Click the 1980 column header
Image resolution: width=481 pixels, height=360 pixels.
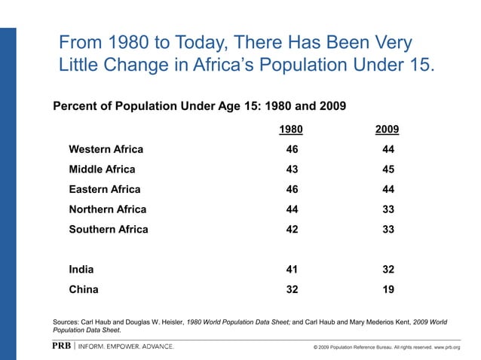tap(291, 130)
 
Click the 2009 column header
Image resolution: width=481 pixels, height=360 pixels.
tap(388, 130)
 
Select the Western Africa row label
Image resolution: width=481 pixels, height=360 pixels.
tap(106, 149)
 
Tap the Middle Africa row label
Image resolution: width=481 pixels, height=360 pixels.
tap(102, 169)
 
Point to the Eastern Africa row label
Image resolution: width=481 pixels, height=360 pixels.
tap(104, 189)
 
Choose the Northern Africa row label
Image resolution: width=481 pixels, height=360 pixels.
tap(107, 209)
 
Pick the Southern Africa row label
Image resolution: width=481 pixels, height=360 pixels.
tap(109, 229)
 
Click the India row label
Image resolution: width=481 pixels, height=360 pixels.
tap(81, 269)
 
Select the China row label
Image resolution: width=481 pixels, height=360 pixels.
tap(83, 288)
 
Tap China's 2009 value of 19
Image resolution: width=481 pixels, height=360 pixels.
tap(388, 288)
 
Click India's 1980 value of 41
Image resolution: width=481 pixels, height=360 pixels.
tap(291, 269)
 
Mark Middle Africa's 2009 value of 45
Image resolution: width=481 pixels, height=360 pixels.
tap(388, 169)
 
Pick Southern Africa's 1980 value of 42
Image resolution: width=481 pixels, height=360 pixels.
tap(291, 229)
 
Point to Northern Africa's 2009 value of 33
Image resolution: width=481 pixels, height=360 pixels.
tap(388, 209)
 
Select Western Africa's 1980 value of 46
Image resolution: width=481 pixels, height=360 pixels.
tap(291, 149)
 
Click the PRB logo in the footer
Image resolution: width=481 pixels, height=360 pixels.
tap(63, 346)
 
